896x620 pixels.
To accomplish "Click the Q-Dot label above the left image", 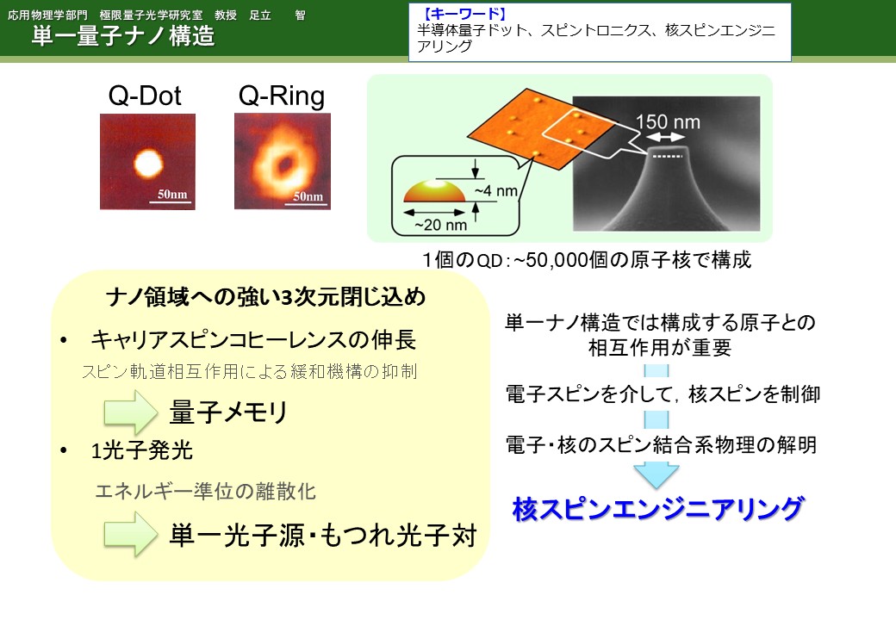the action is pos(145,96).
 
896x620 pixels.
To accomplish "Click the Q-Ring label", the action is pos(281,96).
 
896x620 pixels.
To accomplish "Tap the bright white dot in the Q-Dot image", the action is pos(148,164).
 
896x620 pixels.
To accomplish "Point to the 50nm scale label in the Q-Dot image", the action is pos(172,194).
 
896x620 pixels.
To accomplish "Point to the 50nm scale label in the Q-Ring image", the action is pos(308,196).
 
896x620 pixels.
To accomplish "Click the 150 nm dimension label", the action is pos(668,121).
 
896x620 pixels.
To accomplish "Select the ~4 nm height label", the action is pos(495,190).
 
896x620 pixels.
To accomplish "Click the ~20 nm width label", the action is pos(440,225).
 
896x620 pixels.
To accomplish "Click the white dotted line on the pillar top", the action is pos(667,156).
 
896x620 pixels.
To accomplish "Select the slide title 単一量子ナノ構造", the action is pos(123,35).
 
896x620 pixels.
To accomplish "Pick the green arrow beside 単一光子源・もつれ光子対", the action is pos(130,535).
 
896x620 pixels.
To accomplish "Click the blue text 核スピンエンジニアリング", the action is pos(657,509).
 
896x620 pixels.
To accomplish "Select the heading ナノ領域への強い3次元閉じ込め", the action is pos(265,297).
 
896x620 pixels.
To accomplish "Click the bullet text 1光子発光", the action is pos(141,450).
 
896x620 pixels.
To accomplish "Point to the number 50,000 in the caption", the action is pos(557,260).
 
